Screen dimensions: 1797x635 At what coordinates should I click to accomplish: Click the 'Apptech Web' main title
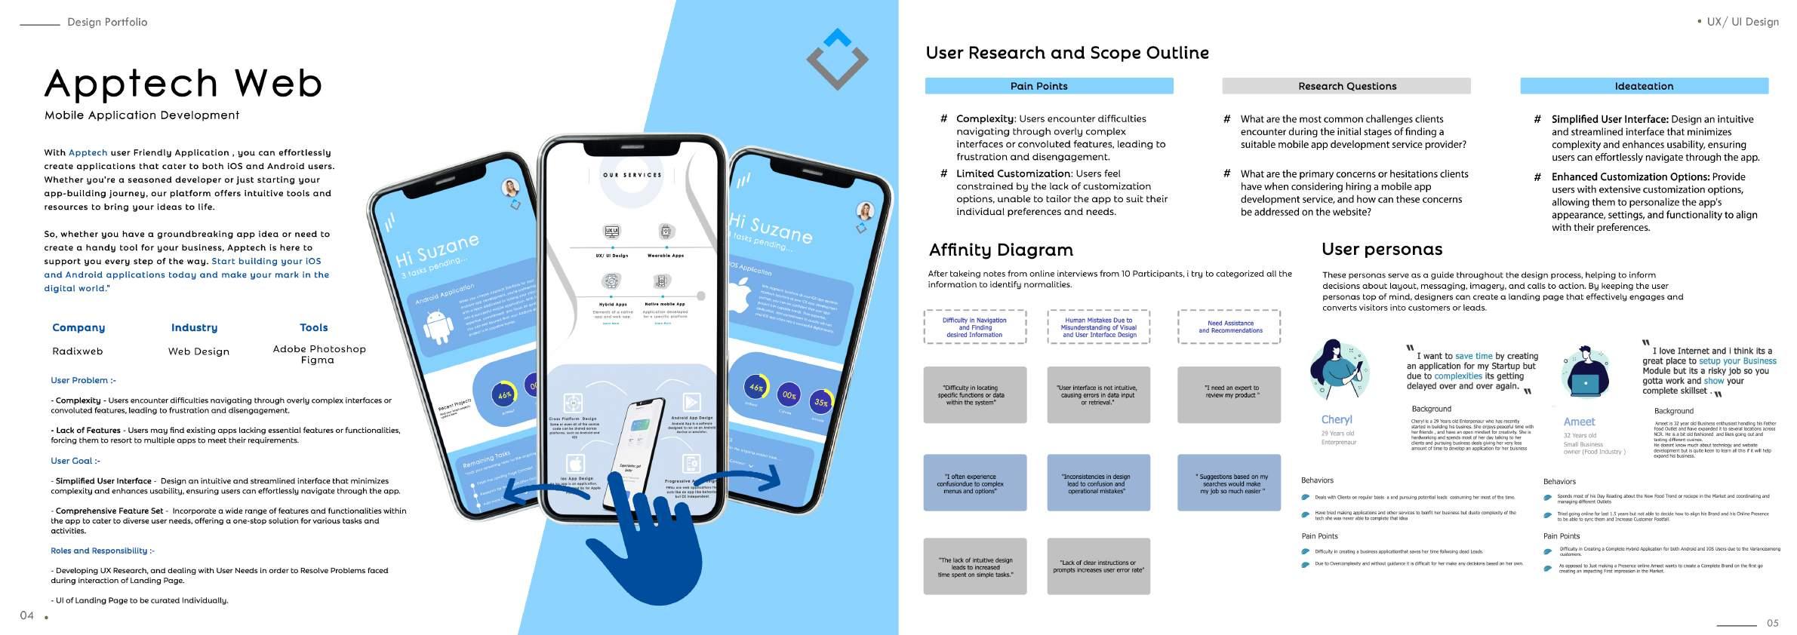pos(183,83)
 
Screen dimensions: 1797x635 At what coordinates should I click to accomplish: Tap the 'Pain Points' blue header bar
pos(1048,86)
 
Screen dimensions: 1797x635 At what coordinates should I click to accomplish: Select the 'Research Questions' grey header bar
pos(1346,86)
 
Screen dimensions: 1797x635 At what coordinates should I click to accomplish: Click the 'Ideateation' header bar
pos(1643,86)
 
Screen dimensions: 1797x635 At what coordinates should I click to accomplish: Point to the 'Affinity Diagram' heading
pos(1000,250)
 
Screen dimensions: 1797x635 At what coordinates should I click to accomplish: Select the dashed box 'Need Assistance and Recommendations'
pos(1229,327)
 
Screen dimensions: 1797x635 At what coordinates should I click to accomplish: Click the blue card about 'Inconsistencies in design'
pos(1098,483)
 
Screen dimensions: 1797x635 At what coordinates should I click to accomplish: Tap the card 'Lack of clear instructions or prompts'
pos(1098,566)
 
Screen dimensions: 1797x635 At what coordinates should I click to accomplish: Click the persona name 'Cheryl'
pos(1337,419)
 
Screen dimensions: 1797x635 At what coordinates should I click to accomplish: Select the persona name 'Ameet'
pos(1579,422)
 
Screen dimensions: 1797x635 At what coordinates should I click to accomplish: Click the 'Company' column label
pos(78,327)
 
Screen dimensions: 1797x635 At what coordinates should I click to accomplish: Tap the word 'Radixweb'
pos(78,351)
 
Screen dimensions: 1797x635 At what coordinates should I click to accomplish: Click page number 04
pos(27,615)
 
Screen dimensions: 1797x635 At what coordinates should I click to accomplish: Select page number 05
pos(1772,623)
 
